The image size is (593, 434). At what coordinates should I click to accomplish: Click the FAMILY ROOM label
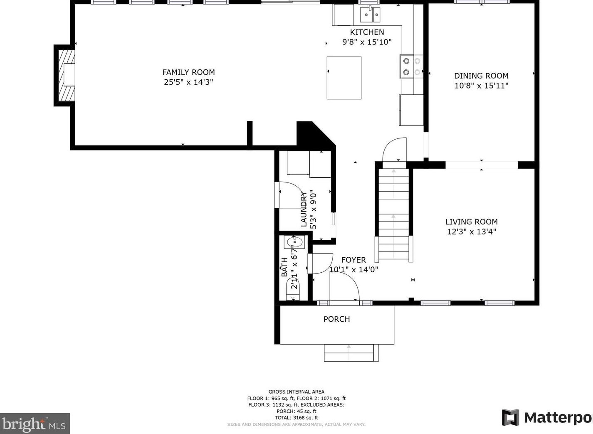coord(188,72)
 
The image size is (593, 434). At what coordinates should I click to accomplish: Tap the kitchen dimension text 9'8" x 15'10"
coord(367,42)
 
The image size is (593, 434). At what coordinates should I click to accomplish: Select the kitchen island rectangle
coord(344,78)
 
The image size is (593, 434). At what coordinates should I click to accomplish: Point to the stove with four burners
coord(411,67)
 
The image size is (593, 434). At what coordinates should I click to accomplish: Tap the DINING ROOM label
coord(481,76)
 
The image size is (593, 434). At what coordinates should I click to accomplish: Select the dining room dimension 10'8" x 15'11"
coord(481,86)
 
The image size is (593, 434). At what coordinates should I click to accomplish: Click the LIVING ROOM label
coord(472,222)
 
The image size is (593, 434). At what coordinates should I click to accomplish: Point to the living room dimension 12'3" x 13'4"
coord(472,232)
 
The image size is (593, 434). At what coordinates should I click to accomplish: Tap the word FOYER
coord(353,260)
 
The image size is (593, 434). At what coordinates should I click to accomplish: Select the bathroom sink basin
coord(294,242)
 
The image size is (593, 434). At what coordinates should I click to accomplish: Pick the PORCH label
coord(336,319)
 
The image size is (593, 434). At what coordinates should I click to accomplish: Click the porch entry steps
coord(351,353)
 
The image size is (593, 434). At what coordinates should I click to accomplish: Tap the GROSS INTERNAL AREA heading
coord(296,392)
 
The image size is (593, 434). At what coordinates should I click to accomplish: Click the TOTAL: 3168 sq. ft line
coord(296,418)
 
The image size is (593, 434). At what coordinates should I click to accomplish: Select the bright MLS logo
coord(35,423)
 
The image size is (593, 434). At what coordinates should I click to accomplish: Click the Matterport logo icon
coord(511,418)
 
